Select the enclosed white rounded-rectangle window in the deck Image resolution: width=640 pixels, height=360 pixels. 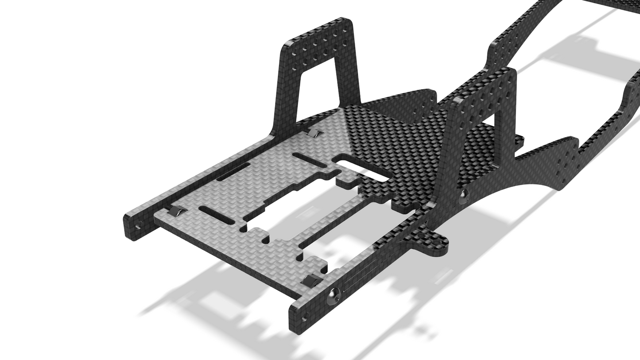click(x=364, y=170)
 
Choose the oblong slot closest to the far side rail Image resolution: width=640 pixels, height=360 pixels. click(x=233, y=171)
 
